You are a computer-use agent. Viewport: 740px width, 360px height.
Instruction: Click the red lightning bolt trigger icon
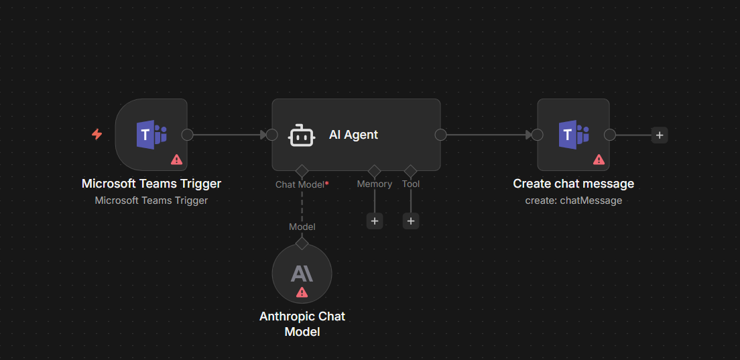coord(97,135)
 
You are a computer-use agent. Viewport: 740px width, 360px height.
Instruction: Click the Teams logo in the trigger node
coord(151,135)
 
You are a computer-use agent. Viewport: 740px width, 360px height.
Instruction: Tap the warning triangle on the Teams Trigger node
coord(176,160)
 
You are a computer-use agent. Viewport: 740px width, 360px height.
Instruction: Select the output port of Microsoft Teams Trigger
coord(188,135)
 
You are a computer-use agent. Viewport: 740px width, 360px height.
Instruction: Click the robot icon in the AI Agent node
coord(300,135)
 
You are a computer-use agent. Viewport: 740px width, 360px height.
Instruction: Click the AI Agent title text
coord(353,135)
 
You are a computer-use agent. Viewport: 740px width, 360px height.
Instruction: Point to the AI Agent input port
coord(271,135)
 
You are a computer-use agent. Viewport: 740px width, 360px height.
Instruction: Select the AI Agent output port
coord(440,135)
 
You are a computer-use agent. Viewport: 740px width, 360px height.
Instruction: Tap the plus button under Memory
coord(375,221)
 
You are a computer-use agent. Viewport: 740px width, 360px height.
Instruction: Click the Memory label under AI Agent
coord(375,184)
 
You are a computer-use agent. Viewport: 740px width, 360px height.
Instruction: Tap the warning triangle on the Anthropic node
coord(302,292)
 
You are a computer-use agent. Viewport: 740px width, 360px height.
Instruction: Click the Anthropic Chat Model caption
coord(302,324)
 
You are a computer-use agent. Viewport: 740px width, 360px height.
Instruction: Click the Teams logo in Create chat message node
coord(574,135)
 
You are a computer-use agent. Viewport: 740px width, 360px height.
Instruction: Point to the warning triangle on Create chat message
coord(599,160)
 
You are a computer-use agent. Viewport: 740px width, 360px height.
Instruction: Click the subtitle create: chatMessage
coord(574,200)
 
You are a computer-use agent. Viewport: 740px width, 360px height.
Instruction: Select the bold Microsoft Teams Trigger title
coord(151,184)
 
